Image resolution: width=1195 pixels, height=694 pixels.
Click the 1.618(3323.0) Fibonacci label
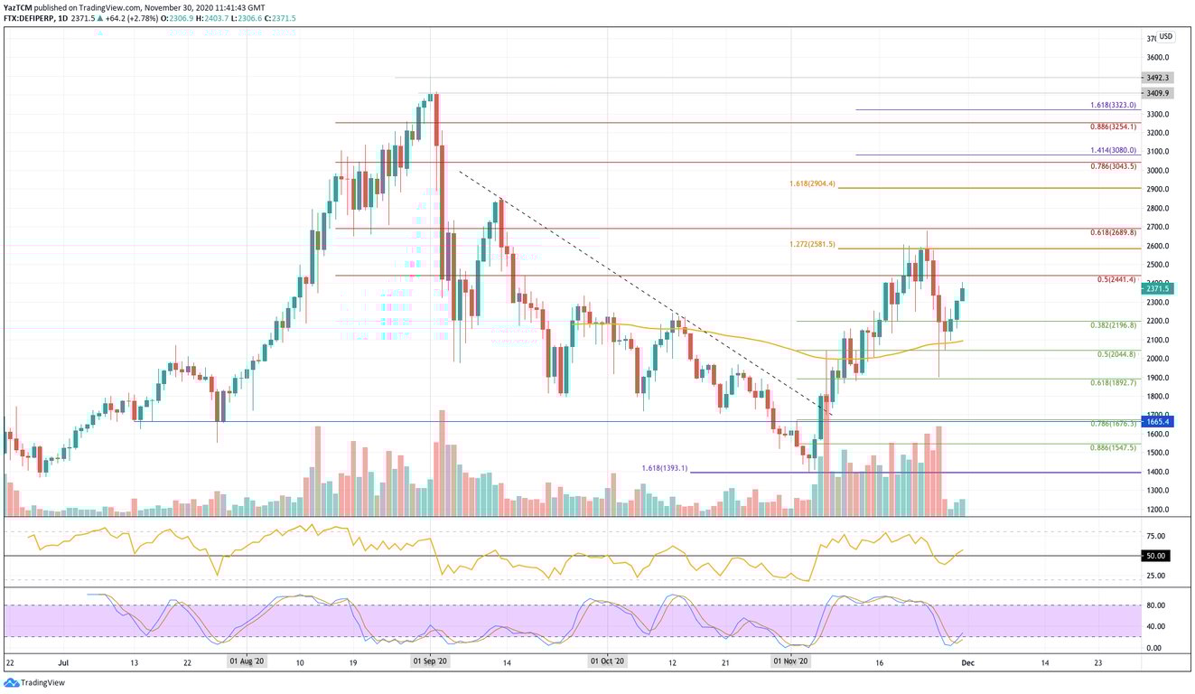point(1113,105)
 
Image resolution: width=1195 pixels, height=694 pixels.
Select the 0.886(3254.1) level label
point(1113,127)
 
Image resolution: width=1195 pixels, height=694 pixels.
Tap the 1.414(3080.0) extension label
point(1113,151)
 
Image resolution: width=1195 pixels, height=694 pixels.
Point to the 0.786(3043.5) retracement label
point(1113,166)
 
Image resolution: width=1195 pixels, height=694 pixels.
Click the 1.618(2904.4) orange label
point(812,184)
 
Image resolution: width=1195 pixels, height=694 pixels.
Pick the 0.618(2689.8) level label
point(1113,232)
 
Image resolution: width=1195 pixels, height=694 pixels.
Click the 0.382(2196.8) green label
point(1113,325)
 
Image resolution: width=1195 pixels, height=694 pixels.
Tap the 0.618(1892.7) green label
point(1113,383)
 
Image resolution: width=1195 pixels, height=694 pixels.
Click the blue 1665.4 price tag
point(1158,422)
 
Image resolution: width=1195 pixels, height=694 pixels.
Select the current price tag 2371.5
point(1158,289)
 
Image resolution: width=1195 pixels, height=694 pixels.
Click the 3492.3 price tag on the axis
point(1158,78)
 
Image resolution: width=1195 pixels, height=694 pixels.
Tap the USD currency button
point(1166,37)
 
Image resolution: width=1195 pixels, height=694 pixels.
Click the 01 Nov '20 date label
point(791,661)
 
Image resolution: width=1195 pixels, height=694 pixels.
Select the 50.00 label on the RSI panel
point(1154,556)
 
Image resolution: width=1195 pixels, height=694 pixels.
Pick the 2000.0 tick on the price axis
point(1157,359)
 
